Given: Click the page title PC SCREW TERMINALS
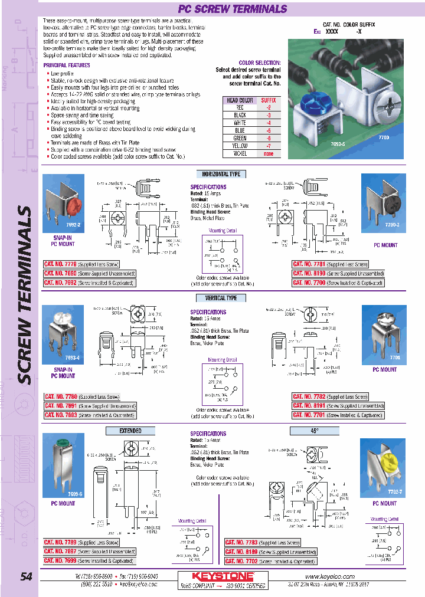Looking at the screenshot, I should point(233,9).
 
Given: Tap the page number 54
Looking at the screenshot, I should point(26,577).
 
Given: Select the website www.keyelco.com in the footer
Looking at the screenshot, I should point(330,576).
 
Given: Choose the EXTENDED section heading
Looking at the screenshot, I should point(130,431).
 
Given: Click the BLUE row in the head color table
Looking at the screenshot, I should point(240,130).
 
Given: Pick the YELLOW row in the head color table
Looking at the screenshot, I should point(240,145).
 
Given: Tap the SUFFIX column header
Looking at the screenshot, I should point(268,101).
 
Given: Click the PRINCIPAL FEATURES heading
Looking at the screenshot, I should point(67,65).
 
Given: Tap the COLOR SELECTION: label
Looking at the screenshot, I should point(260,63).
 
